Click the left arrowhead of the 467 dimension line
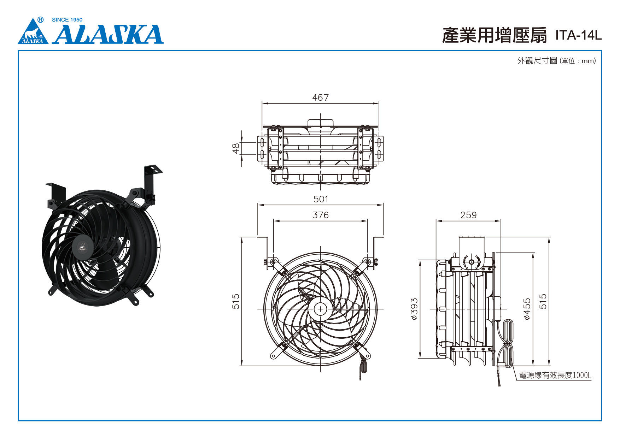coord(264,103)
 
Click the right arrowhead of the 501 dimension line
coord(381,205)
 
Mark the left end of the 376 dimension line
coord(274,221)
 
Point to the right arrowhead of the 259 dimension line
coord(498,221)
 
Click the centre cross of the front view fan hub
coord(321,309)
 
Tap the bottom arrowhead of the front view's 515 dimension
coord(241,363)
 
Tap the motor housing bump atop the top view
coord(321,123)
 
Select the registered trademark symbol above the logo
coord(41,20)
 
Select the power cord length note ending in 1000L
coord(555,375)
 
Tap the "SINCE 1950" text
coord(67,20)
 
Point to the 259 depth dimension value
coord(468,215)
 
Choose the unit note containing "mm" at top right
coord(557,61)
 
